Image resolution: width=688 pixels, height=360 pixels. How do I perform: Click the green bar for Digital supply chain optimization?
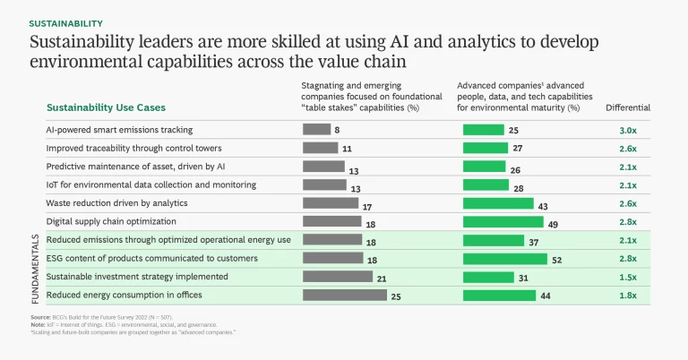click(503, 221)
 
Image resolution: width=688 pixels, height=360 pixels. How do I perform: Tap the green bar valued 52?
click(504, 259)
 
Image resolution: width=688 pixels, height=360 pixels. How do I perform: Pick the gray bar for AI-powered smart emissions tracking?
click(316, 130)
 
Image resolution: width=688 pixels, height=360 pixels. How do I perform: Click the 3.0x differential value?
click(627, 130)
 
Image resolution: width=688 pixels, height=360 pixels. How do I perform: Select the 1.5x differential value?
click(627, 278)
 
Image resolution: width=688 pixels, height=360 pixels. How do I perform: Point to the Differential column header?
click(627, 107)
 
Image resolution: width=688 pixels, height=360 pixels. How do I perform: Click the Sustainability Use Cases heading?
click(106, 107)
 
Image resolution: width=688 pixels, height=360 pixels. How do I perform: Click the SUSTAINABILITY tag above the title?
click(66, 22)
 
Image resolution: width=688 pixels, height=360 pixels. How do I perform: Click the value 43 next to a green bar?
click(543, 204)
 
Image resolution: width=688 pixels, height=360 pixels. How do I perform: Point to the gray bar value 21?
click(382, 279)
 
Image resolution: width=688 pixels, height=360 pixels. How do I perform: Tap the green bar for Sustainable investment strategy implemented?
click(488, 277)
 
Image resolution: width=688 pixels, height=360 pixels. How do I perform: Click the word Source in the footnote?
click(39, 318)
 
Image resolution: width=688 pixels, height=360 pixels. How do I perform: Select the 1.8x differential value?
click(627, 296)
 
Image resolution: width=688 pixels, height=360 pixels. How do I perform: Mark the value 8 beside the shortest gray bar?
click(337, 131)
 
